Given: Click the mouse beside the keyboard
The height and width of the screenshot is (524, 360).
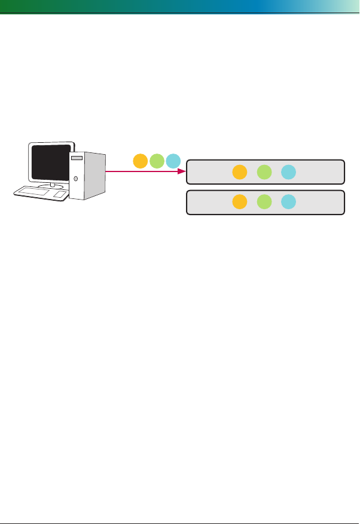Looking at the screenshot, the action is click(x=60, y=194).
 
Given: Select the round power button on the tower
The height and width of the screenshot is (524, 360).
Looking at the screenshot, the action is click(x=76, y=179).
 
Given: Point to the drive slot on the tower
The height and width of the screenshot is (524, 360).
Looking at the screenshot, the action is click(x=75, y=159).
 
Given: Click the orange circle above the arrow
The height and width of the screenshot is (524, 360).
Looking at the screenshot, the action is click(x=140, y=161).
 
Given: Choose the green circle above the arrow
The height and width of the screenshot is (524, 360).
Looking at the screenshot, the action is click(x=157, y=161).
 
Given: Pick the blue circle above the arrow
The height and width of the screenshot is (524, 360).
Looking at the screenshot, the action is click(x=173, y=161).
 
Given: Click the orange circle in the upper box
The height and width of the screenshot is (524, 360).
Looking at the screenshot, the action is click(x=239, y=172).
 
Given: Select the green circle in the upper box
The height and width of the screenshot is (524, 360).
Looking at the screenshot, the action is click(x=264, y=172).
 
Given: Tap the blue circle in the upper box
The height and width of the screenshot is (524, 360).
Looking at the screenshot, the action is click(x=288, y=172).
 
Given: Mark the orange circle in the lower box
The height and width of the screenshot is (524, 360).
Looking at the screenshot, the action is click(x=239, y=202).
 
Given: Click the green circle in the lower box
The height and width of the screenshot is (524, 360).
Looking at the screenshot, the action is click(x=264, y=202).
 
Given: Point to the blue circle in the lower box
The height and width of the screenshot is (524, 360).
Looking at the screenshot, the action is click(x=288, y=202).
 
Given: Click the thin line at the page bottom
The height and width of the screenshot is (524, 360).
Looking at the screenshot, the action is click(x=179, y=507).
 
